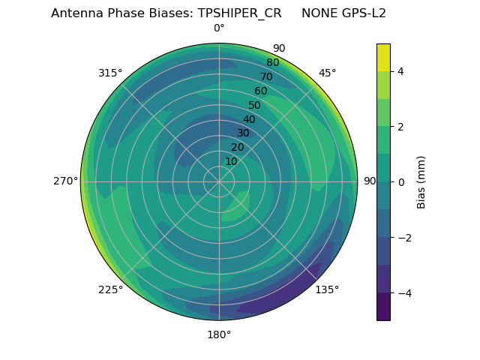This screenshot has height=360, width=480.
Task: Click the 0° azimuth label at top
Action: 219,28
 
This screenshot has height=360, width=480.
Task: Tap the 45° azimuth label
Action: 328,73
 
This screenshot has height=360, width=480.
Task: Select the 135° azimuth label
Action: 327,289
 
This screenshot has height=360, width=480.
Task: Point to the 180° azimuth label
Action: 219,334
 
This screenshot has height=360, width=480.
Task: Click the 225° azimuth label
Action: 110,290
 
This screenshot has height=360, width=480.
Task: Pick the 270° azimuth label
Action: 65,181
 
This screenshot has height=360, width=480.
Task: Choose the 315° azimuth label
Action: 110,73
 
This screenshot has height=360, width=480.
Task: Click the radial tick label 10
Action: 231,161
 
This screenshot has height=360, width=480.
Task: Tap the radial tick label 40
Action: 249,120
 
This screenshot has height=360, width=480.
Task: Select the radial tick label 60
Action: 260,91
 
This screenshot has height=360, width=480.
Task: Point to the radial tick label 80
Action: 272,63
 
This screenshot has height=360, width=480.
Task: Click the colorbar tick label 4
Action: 401,71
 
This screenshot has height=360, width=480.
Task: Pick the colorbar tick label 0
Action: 401,182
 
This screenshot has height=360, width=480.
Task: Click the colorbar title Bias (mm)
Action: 421,182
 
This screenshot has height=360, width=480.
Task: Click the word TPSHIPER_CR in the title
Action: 244,13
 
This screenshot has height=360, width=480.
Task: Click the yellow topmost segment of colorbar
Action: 383,57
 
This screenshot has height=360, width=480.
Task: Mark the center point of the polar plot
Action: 219,181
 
